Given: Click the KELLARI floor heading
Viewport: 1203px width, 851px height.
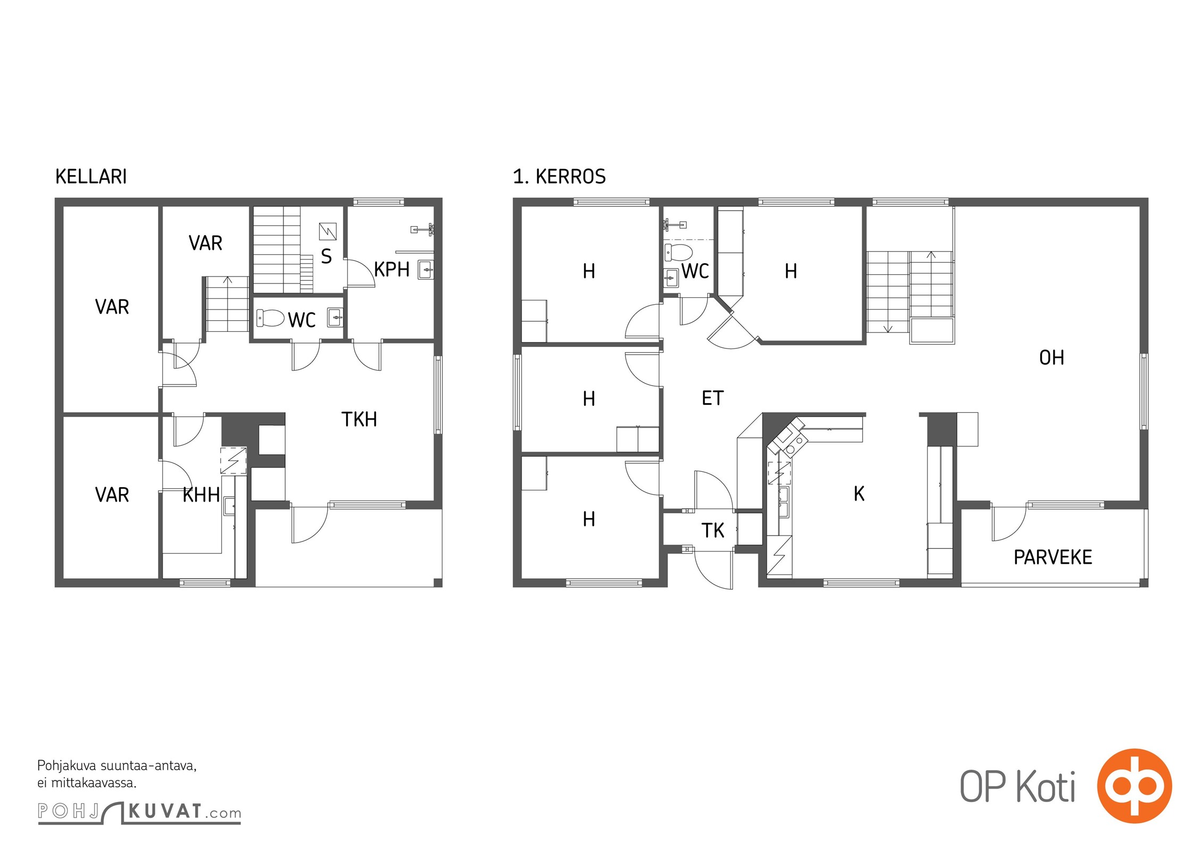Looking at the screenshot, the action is point(91,177).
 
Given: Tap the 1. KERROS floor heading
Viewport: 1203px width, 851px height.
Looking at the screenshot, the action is point(559,177).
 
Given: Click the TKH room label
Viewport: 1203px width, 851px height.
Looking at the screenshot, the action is point(359,420).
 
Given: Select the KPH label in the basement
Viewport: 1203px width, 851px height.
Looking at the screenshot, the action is point(392,270).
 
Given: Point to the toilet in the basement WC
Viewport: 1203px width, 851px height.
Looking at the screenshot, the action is point(270,318).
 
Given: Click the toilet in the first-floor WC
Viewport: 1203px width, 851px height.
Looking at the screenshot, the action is point(679,252).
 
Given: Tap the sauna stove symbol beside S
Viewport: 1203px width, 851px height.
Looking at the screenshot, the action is point(328,231).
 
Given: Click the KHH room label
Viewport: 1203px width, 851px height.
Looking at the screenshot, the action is point(201,495).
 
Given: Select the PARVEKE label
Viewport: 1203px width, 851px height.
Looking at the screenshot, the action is point(1053,557).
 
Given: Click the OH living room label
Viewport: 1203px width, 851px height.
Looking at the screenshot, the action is point(1051,358).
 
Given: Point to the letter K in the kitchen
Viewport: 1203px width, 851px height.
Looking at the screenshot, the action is point(859,494).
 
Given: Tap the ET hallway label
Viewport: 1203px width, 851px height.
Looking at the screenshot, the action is point(713,398).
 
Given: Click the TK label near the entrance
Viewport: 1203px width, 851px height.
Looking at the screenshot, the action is point(713,531).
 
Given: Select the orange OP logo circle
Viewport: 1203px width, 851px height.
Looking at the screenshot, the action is point(1134,786).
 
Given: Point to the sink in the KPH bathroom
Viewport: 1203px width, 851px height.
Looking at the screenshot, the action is point(425,270).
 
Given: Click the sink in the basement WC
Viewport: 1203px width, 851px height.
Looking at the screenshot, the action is point(335,318).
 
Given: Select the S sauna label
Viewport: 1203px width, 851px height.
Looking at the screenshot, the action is point(327,256).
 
